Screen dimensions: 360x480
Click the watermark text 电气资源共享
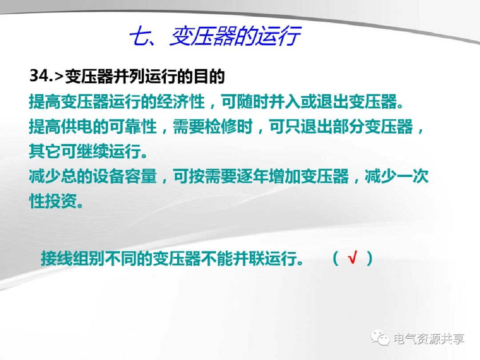point(428,339)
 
